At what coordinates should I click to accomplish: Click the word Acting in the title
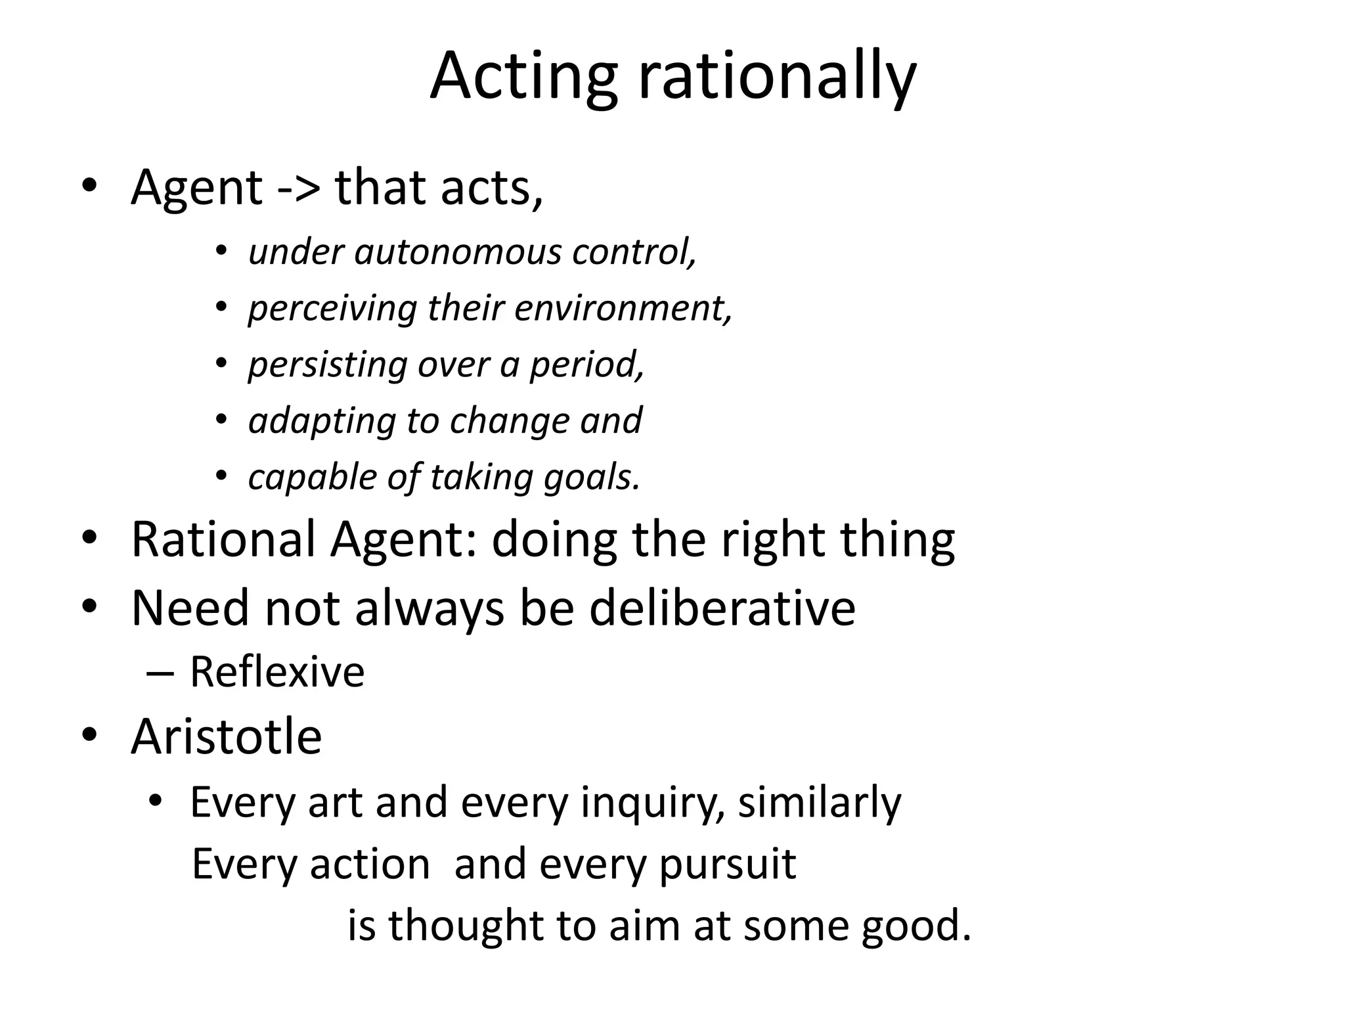pos(523,78)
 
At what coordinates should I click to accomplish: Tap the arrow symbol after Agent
pos(299,189)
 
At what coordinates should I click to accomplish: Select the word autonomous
pos(458,252)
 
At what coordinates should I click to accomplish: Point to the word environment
pos(623,307)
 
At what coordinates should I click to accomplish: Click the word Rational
pos(223,539)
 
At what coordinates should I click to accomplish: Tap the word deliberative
pos(722,608)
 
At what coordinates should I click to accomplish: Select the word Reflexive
pos(276,672)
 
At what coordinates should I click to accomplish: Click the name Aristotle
pos(226,736)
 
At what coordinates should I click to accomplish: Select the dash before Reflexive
pos(160,673)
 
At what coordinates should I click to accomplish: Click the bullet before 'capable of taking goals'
pos(221,476)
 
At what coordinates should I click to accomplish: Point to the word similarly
pos(820,803)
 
